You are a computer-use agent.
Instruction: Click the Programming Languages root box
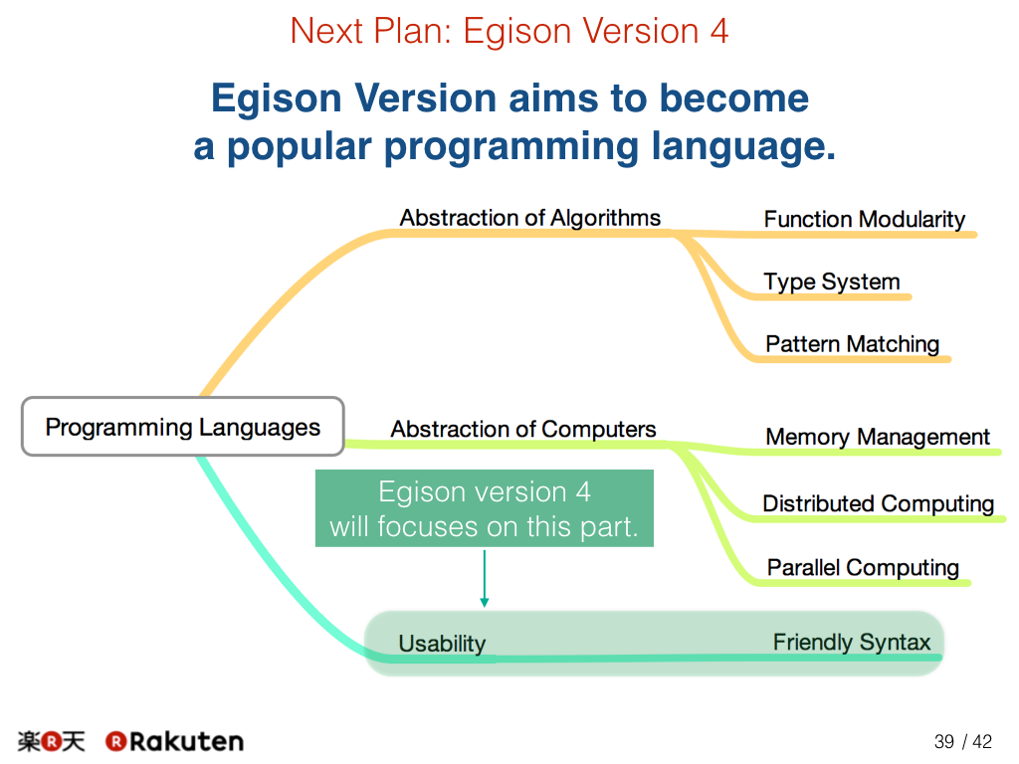tap(183, 426)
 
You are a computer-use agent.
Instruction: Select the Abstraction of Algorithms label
tap(529, 218)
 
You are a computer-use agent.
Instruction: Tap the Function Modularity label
tap(865, 220)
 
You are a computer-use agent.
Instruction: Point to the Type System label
tap(831, 282)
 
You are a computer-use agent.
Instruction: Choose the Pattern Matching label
tap(852, 344)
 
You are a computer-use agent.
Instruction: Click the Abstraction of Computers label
tap(523, 430)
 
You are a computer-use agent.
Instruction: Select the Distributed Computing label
tap(878, 504)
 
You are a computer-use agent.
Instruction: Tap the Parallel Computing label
tap(863, 568)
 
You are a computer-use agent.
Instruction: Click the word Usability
tap(442, 644)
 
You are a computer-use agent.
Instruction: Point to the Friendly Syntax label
tap(852, 643)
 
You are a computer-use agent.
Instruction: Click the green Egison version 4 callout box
tap(485, 508)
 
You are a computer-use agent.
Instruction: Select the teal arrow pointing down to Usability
tap(485, 578)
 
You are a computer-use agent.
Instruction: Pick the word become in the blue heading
tap(734, 98)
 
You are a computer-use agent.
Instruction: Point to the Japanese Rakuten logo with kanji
tap(52, 741)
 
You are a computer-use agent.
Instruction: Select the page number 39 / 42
tap(963, 741)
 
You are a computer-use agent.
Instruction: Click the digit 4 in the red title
tap(718, 31)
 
